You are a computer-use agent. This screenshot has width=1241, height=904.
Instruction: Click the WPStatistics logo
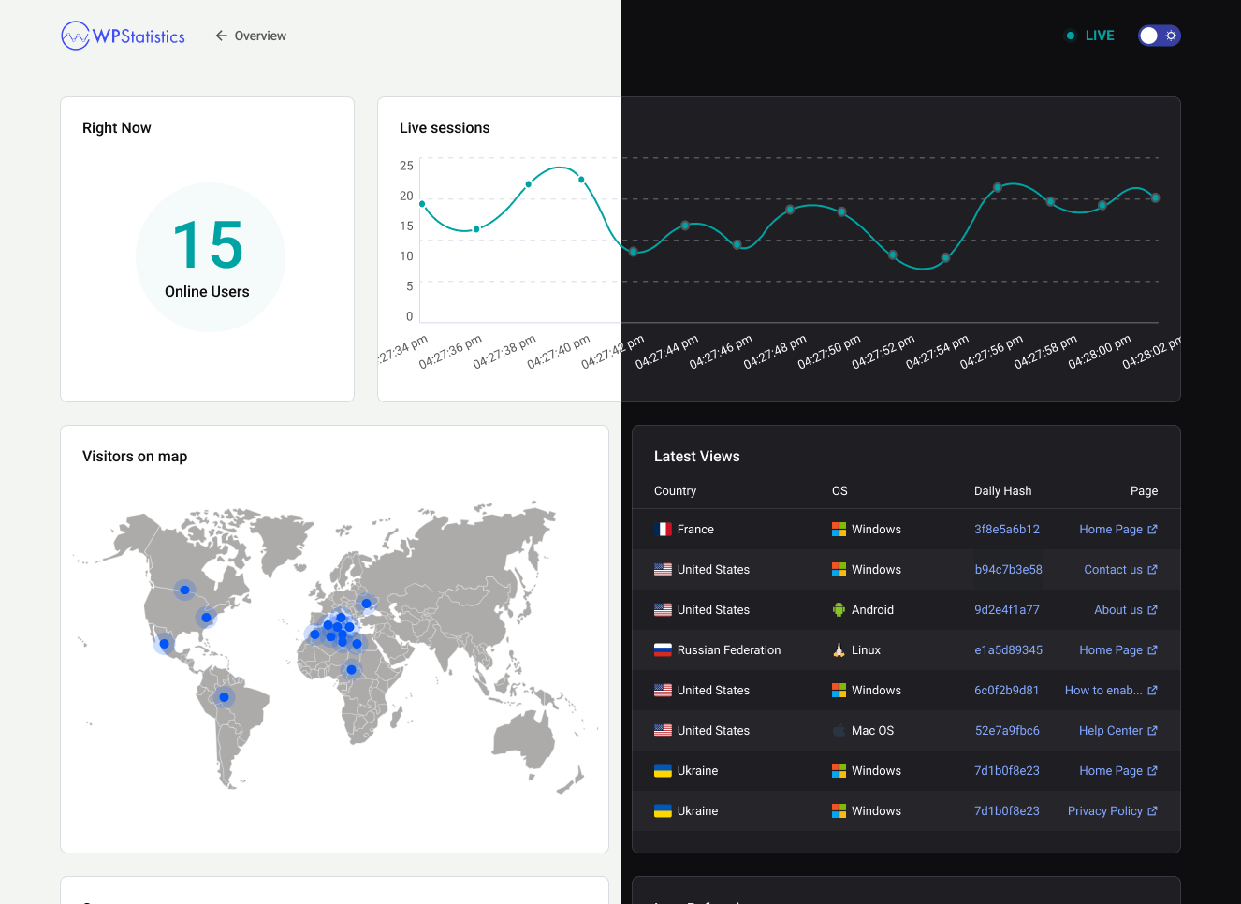pos(123,36)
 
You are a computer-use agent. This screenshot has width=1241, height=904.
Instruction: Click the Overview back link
pos(251,36)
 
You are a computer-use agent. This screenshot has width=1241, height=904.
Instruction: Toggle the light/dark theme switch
pos(1159,36)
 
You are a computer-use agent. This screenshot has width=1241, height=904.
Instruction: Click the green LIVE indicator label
pos(1099,36)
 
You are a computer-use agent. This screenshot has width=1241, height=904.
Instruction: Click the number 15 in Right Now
pos(208,245)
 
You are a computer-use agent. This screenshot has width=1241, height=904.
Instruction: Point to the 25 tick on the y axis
pos(406,166)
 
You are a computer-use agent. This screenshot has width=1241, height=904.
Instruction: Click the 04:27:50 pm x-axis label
pos(828,352)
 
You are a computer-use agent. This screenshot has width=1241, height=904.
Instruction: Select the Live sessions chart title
pos(445,128)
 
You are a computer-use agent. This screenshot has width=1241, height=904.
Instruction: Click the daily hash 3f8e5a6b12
pos(1006,530)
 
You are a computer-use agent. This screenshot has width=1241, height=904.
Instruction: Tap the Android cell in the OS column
pos(871,610)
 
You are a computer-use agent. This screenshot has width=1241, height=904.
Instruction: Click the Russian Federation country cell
pos(728,650)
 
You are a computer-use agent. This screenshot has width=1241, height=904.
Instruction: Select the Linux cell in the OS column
pos(865,650)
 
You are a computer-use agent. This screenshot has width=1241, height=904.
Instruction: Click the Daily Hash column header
pos(1002,491)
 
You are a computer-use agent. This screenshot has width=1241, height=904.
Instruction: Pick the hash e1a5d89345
pos(1008,650)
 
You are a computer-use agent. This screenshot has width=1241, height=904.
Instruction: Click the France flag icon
pos(663,530)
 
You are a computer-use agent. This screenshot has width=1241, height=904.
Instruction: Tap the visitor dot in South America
pos(224,697)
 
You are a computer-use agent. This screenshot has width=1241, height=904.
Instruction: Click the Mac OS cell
pos(871,731)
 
